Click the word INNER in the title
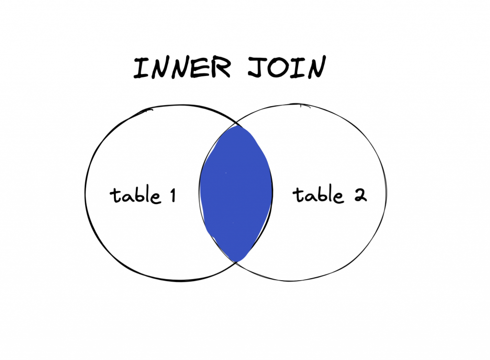(x=182, y=68)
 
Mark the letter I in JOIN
(x=298, y=68)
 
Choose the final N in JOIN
(x=314, y=68)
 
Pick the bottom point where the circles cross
(x=236, y=261)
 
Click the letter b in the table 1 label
(x=139, y=194)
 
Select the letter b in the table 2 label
(x=322, y=193)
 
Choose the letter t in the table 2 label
(x=298, y=195)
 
